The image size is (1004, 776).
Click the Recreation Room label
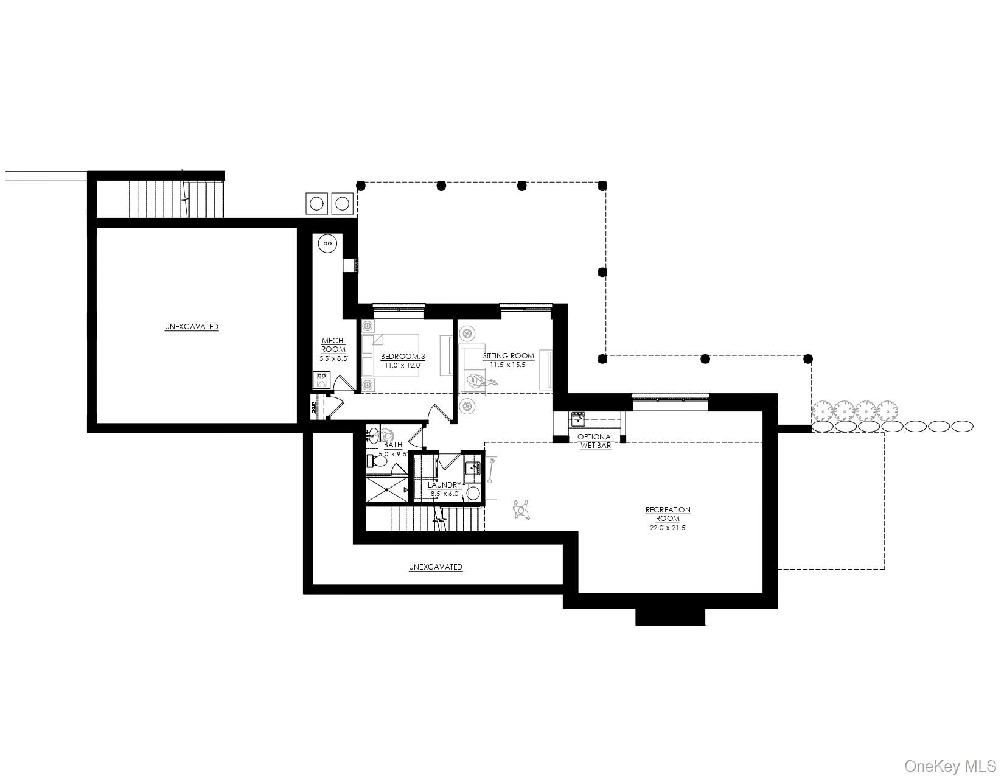point(668,514)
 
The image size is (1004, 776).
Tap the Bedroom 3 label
point(402,356)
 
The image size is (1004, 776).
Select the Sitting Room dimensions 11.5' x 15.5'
point(508,365)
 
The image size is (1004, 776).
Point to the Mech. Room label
point(333,345)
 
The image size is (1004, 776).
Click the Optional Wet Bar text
point(596,441)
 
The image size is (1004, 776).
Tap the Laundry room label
point(444,485)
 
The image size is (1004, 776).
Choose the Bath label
point(393,445)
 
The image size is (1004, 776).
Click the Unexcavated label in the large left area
point(191,327)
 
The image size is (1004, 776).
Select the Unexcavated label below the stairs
point(435,567)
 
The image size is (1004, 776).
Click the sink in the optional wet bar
point(577,419)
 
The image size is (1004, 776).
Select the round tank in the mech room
point(327,243)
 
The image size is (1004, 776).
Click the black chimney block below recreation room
point(670,617)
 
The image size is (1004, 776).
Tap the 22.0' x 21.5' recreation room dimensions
point(668,528)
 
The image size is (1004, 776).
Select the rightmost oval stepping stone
point(962,427)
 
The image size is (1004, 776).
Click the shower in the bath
point(386,489)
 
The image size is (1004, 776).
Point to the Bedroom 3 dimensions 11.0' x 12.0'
point(402,366)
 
